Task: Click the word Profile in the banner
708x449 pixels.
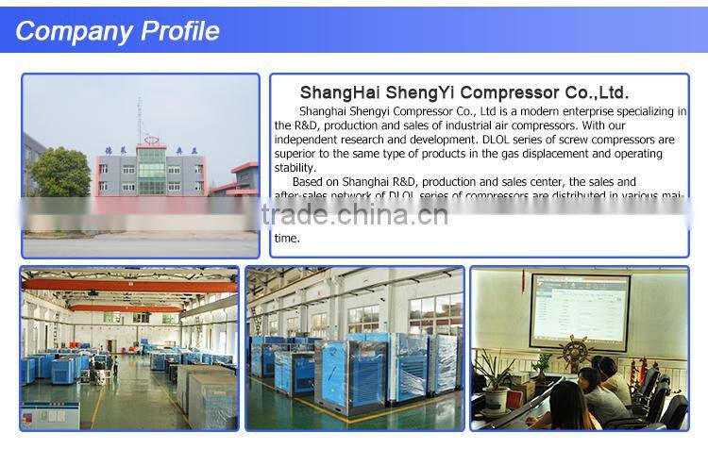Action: [179, 30]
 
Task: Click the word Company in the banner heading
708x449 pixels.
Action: [75, 30]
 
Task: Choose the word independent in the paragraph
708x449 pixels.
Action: [309, 139]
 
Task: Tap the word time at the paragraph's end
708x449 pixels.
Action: [286, 238]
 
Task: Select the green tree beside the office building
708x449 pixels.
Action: [59, 173]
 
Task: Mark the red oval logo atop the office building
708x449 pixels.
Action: [149, 148]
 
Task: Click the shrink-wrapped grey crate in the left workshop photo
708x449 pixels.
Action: [206, 394]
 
